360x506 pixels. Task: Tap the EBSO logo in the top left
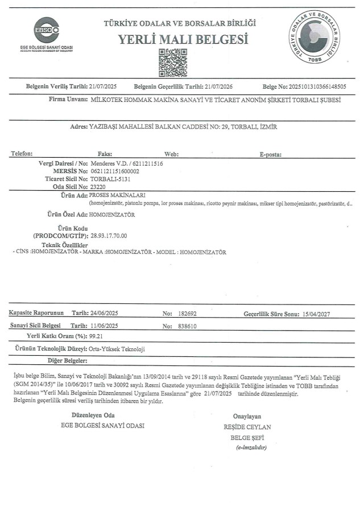pyautogui.click(x=47, y=28)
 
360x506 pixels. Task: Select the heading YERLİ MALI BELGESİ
pyautogui.click(x=183, y=39)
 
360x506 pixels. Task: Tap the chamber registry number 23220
pyautogui.click(x=98, y=187)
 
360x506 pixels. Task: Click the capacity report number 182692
pyautogui.click(x=187, y=314)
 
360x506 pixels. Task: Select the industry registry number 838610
pyautogui.click(x=187, y=326)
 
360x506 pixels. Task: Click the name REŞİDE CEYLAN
pyautogui.click(x=247, y=427)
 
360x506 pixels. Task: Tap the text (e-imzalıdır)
pyautogui.click(x=251, y=448)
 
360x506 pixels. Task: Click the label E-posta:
pyautogui.click(x=270, y=154)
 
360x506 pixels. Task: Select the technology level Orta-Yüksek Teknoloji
pyautogui.click(x=117, y=348)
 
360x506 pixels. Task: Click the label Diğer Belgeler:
pyautogui.click(x=67, y=360)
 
